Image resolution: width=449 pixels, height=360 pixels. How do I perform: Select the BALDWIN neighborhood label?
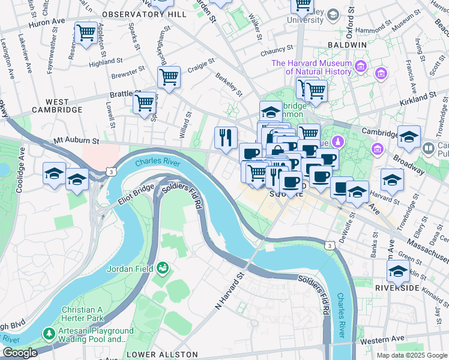click(x=346, y=45)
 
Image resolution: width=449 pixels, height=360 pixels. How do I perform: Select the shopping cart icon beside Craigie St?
click(x=169, y=77)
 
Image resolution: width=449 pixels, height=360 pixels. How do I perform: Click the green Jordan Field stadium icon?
click(x=163, y=268)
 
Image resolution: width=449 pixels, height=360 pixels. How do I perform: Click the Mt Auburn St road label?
click(x=75, y=141)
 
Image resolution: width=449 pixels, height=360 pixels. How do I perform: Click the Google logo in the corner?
click(x=20, y=353)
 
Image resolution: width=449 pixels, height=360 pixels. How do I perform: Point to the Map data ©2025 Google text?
click(x=411, y=355)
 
